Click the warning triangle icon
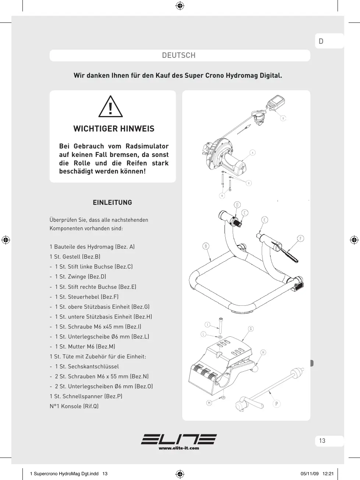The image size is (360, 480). [x=110, y=106]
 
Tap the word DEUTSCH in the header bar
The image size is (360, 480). [x=179, y=55]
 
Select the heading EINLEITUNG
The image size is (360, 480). [x=113, y=202]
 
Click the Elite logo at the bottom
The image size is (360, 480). [x=179, y=439]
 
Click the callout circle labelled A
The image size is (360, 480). [x=253, y=153]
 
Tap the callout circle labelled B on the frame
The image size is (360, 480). [x=205, y=246]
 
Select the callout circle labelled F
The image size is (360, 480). [x=301, y=238]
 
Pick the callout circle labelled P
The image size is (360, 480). [x=277, y=404]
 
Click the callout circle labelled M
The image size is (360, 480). [x=209, y=403]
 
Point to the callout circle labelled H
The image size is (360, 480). [x=263, y=352]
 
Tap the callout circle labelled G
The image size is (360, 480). [x=251, y=329]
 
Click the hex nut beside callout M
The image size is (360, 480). [x=223, y=397]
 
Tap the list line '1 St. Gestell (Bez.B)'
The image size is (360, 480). [x=75, y=257]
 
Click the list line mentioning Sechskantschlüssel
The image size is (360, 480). [x=84, y=367]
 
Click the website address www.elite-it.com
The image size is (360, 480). [x=179, y=448]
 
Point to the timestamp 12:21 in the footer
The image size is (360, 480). [x=328, y=474]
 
